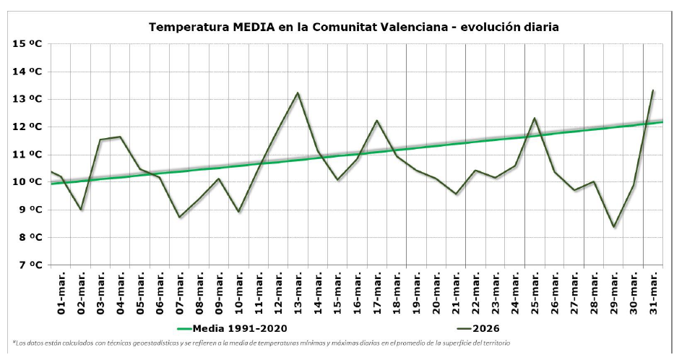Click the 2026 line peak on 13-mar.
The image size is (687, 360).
pyautogui.click(x=298, y=93)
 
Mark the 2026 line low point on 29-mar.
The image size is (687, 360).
pyautogui.click(x=613, y=227)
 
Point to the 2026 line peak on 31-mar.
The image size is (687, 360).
pyautogui.click(x=653, y=90)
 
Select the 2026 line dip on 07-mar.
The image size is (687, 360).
pyautogui.click(x=179, y=217)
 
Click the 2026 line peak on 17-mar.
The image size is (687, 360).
pyautogui.click(x=376, y=121)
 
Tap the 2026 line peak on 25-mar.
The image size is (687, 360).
pyautogui.click(x=535, y=118)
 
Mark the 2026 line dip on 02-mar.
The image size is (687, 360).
pyautogui.click(x=81, y=210)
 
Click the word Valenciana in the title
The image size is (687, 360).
pyautogui.click(x=478, y=27)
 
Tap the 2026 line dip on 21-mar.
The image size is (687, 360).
pyautogui.click(x=456, y=194)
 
